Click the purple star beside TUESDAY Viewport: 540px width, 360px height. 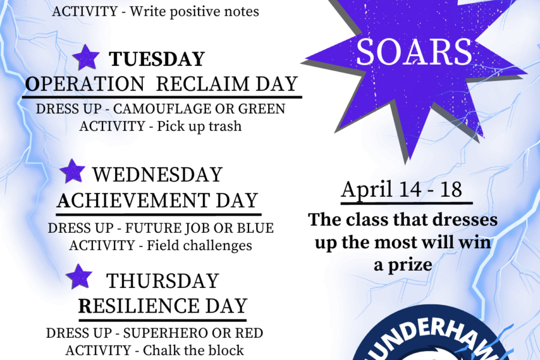click(x=86, y=58)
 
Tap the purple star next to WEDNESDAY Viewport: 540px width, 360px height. click(x=73, y=171)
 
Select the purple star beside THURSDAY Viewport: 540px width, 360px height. click(x=79, y=277)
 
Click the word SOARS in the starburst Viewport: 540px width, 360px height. click(x=413, y=52)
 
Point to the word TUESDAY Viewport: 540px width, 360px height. click(x=157, y=59)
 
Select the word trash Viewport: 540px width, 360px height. click(x=225, y=126)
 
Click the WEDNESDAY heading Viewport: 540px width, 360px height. click(x=157, y=175)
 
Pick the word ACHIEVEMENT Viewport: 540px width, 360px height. click(x=133, y=200)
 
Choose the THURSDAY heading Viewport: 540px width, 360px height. click(x=163, y=281)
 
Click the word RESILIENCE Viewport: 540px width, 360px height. click(x=139, y=306)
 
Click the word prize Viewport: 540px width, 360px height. click(x=410, y=266)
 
